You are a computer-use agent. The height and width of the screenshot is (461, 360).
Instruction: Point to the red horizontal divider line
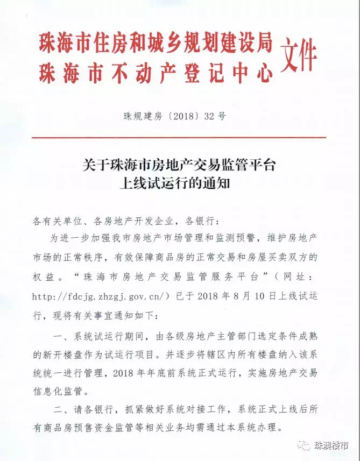point(180,138)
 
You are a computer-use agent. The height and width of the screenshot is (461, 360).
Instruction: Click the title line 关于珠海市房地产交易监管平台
point(179,165)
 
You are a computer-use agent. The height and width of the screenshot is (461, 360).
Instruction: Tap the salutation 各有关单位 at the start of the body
point(58,221)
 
